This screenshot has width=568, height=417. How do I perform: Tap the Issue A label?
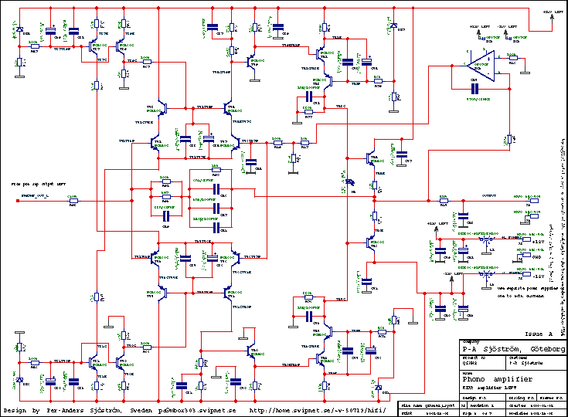[539, 334]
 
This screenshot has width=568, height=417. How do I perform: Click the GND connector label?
[536, 256]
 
